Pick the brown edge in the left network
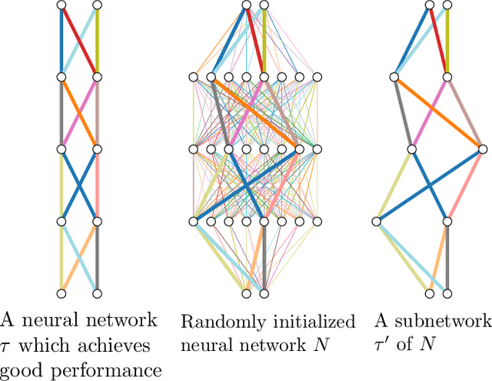click(97, 110)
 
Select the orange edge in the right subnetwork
click(437, 112)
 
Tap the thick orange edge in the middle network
click(254, 112)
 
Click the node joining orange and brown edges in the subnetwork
click(481, 149)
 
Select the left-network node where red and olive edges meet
click(97, 76)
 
